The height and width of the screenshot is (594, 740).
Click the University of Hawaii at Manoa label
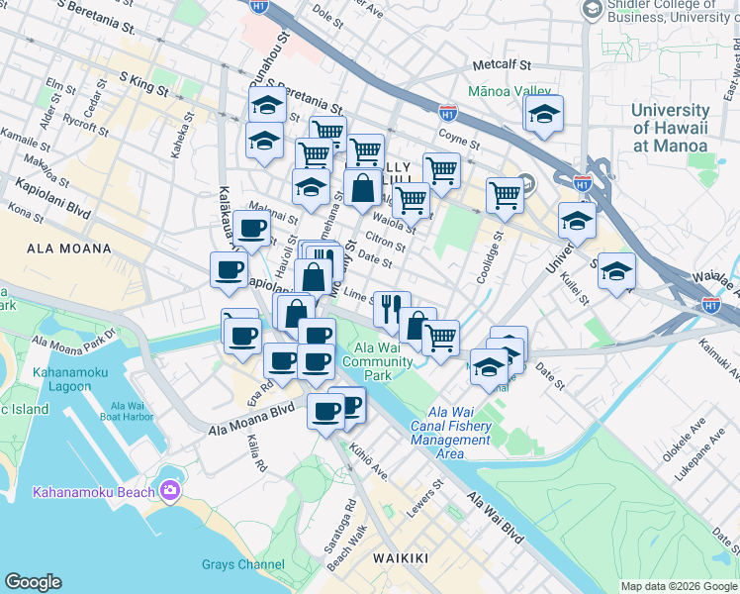(x=670, y=128)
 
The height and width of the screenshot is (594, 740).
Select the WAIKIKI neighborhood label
(x=401, y=558)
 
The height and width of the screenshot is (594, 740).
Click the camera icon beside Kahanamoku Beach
(x=170, y=491)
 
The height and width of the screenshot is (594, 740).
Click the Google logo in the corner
(x=33, y=582)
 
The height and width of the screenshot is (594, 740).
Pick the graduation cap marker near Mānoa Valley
(x=542, y=116)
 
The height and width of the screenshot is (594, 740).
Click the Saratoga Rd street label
(x=349, y=512)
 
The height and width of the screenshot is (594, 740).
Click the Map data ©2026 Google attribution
(x=678, y=586)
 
